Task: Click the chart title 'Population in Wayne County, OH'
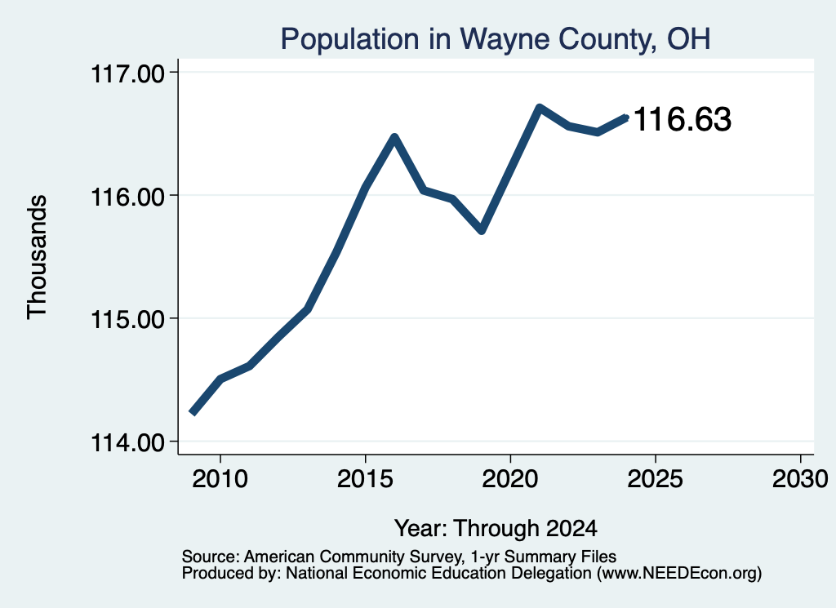496,39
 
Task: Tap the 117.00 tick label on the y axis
128,73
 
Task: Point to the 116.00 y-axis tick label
128,197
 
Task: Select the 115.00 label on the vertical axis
128,320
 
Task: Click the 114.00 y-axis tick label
128,443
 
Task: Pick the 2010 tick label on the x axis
220,479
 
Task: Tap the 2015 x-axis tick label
365,479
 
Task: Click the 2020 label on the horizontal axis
510,479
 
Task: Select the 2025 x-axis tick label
656,479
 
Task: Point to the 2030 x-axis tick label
800,479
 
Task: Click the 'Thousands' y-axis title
37,257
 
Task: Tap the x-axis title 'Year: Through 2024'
496,529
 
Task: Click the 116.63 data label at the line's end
683,119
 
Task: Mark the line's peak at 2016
394,137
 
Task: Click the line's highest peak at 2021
539,108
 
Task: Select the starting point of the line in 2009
193,412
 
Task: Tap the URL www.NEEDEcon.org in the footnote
677,574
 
